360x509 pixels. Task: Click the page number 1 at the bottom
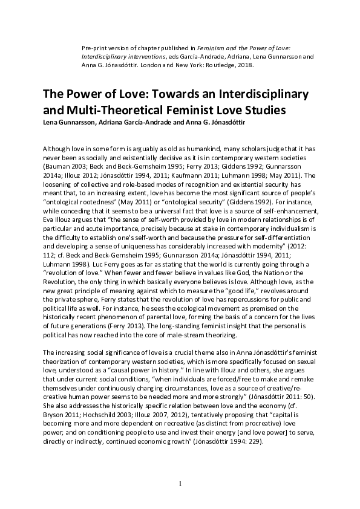coord(180,484)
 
